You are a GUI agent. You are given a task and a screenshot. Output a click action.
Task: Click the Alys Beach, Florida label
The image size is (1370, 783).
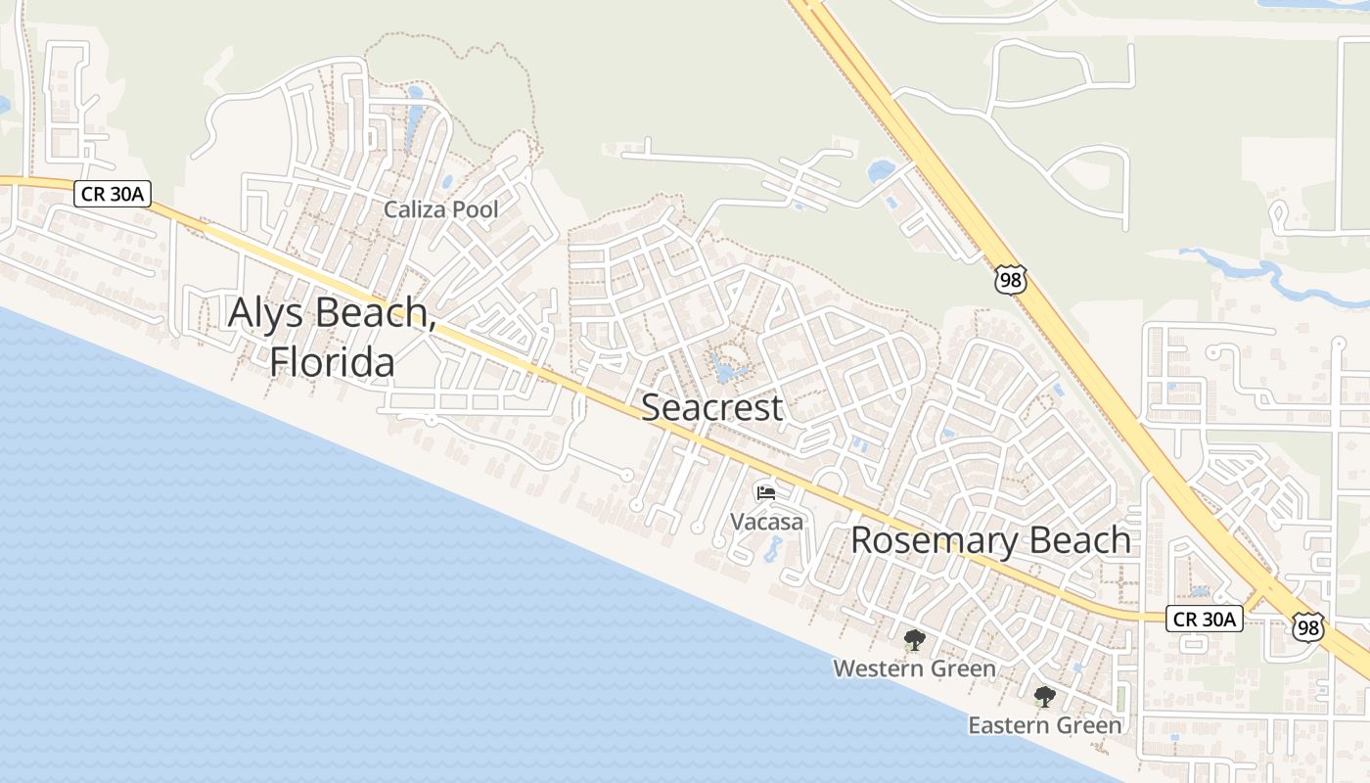(x=333, y=337)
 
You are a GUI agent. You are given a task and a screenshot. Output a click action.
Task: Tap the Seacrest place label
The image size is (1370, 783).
(x=711, y=407)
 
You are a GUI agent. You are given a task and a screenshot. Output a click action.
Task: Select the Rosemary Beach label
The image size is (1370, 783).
(x=990, y=540)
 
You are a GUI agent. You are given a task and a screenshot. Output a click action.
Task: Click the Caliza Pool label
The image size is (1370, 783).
(x=440, y=208)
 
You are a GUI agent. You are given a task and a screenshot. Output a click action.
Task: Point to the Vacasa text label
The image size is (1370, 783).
(x=767, y=522)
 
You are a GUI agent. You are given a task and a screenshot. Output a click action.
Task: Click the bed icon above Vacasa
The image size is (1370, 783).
(x=766, y=492)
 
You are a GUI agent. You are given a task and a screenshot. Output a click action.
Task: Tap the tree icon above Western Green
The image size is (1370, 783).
(x=914, y=641)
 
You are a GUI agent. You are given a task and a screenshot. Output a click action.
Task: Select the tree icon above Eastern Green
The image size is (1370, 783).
(x=1045, y=697)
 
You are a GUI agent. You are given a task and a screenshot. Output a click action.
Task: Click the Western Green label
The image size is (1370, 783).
(x=914, y=668)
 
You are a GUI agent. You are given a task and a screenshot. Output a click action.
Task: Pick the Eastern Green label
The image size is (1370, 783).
(x=1044, y=725)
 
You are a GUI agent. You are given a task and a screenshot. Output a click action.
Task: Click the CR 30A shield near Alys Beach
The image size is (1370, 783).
(x=113, y=194)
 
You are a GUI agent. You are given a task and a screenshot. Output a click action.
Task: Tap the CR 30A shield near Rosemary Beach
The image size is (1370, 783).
(x=1205, y=619)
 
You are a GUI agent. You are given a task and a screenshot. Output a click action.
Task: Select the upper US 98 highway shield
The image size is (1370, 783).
(x=1010, y=280)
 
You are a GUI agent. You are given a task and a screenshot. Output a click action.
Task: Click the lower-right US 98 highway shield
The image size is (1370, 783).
(x=1308, y=627)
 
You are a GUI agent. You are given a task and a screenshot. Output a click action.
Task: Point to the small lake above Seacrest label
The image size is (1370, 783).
(x=726, y=371)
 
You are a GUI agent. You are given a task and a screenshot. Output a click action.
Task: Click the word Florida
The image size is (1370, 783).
(x=333, y=362)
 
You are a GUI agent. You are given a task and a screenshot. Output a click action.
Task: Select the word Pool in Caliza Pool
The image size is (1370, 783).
(x=475, y=208)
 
